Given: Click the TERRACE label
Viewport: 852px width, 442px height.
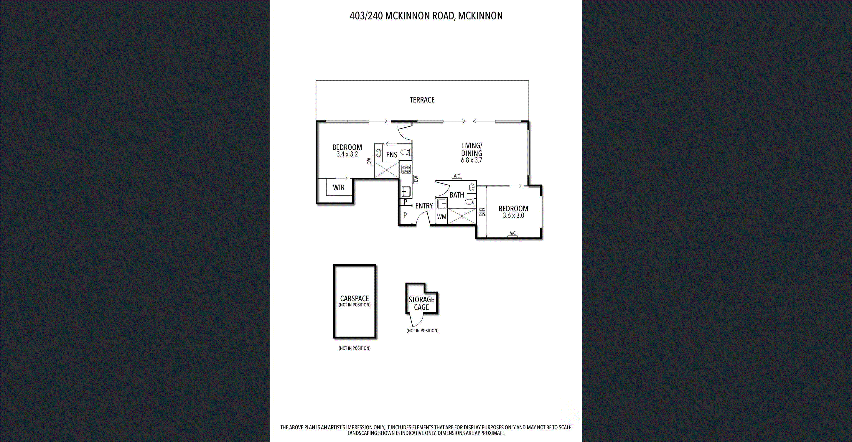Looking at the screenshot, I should point(422,100).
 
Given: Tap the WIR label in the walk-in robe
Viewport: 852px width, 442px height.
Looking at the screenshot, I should point(339,188).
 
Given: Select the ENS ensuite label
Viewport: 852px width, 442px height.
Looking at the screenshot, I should point(392,155).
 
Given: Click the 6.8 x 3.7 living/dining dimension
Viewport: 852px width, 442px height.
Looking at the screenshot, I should point(471,160).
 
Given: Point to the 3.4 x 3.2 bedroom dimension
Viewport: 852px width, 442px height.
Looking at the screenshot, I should point(347,154).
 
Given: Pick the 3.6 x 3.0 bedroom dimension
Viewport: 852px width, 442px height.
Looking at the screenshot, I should point(513,215).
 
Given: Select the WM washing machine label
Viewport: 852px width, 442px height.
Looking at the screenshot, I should point(441,217).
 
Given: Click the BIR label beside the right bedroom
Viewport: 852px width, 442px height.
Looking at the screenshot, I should point(482,212).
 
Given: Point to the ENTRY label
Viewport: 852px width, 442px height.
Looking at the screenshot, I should point(424,206).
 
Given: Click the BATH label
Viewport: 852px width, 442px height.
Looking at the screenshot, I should point(457,195).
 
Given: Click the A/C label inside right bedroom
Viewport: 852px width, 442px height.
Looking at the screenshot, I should point(512,233).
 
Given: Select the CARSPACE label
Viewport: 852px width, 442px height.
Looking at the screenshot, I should point(355,298).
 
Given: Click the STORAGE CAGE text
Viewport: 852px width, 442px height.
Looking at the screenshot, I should point(421,304).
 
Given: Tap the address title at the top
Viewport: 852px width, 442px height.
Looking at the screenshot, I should point(426,16).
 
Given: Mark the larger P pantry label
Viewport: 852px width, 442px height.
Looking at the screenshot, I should point(405,215).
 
